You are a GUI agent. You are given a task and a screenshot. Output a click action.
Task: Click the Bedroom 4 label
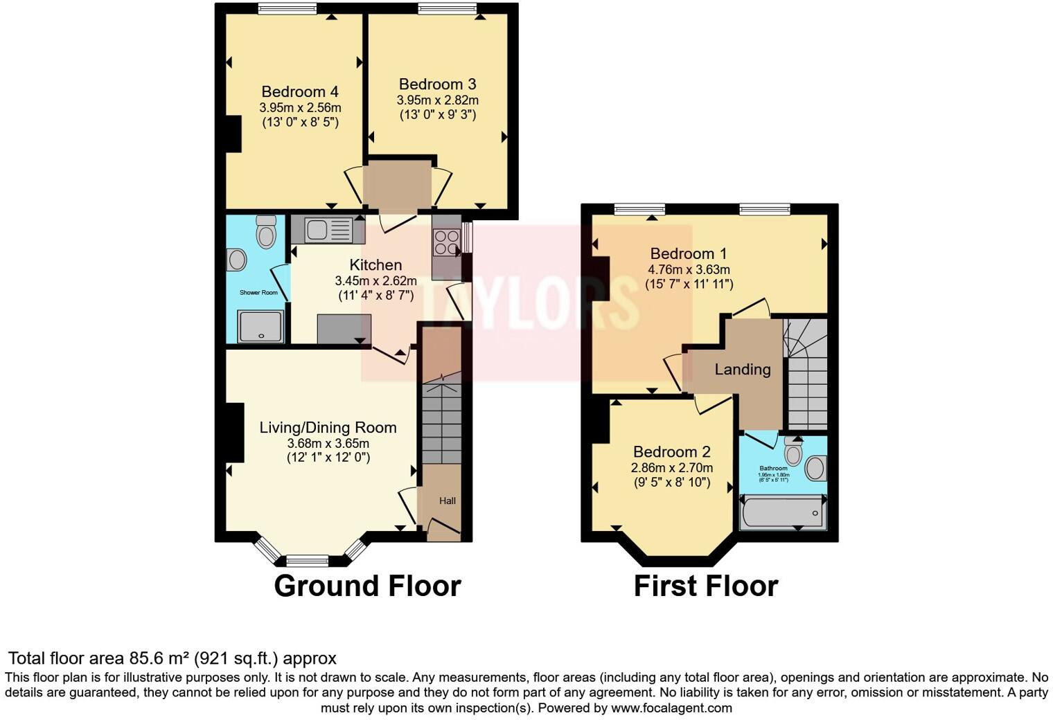pos(300,91)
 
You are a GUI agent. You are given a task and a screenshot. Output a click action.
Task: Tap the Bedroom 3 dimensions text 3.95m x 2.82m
pos(437,100)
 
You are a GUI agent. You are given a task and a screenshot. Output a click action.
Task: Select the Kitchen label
pos(375,265)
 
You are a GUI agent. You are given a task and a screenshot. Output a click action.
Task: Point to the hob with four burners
pos(446,243)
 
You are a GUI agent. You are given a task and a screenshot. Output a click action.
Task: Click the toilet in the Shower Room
pos(265,231)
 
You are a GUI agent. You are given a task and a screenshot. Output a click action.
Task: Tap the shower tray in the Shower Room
pos(260,326)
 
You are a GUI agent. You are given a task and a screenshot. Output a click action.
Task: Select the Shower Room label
pos(258,293)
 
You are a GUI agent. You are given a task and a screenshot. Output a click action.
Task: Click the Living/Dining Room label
pos(328,428)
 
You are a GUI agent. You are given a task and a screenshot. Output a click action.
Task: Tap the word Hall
pos(448,501)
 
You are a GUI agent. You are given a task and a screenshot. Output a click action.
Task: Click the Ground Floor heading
pos(367,586)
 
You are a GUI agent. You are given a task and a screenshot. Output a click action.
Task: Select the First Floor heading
pos(705,586)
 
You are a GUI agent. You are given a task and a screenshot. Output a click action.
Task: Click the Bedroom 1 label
pos(688,253)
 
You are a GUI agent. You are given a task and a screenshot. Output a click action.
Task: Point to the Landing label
pos(743,369)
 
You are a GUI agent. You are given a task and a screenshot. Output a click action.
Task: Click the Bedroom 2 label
pos(671,452)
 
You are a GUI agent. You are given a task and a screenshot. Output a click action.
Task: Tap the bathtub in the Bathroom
pos(783,513)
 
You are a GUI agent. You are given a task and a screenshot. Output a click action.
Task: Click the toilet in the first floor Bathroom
pos(793,453)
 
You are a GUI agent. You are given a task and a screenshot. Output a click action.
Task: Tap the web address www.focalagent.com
pos(671,708)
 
